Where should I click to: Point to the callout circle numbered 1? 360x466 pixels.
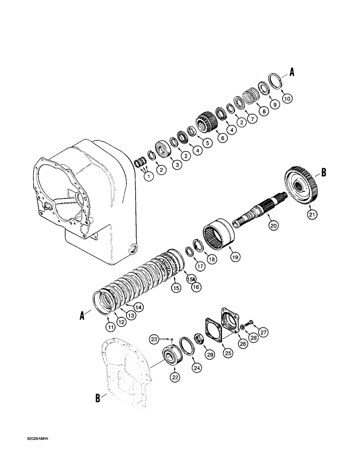click(148, 177)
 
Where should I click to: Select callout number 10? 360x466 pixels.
click(287, 98)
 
